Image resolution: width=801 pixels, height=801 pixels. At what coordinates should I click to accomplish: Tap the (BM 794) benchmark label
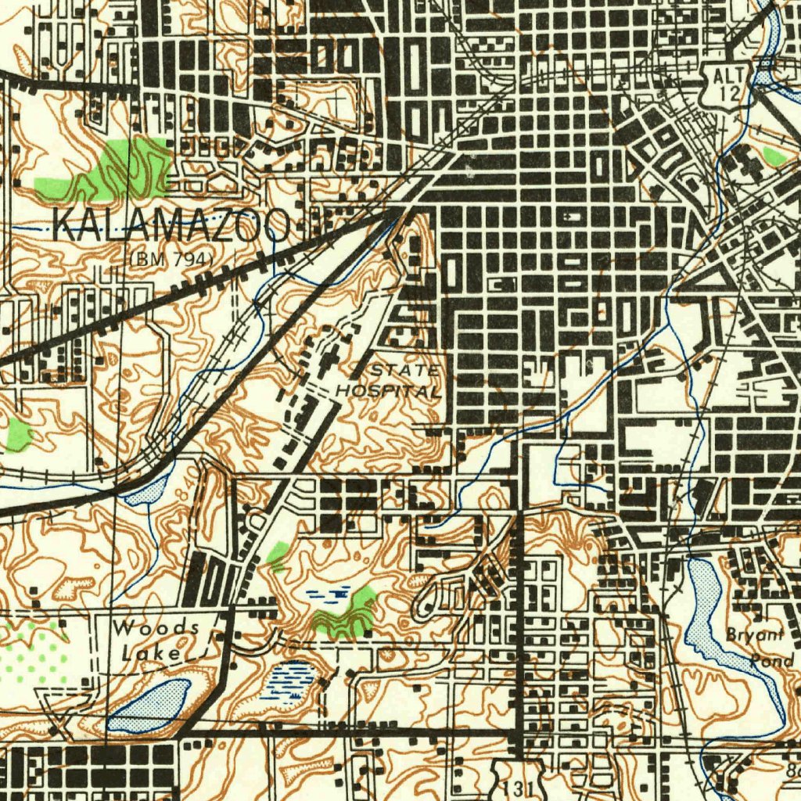click(171, 257)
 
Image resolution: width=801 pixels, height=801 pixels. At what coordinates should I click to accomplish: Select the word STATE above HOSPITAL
click(405, 369)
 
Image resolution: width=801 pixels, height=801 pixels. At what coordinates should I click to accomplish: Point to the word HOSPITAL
click(389, 390)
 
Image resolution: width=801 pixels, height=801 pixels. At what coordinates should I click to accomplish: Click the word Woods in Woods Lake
click(155, 628)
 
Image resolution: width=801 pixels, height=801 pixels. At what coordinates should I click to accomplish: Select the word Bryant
click(753, 634)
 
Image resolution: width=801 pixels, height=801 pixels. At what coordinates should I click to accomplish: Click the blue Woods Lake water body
click(149, 705)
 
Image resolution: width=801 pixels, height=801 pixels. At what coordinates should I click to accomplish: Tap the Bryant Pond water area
click(716, 618)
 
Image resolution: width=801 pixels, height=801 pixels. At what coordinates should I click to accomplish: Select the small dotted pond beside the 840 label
click(148, 492)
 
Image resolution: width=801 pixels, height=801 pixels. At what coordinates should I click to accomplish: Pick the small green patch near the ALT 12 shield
click(774, 155)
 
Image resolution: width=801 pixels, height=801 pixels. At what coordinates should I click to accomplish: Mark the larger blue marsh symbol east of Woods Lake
click(291, 679)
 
